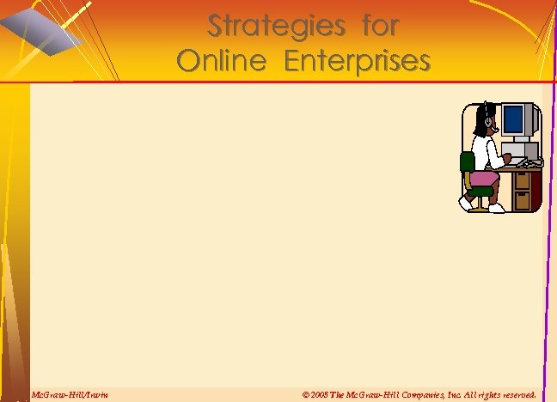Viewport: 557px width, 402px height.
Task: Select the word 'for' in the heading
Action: (x=380, y=26)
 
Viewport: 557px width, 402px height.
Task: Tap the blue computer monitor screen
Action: (x=517, y=119)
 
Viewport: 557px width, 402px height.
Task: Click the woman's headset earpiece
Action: (x=488, y=121)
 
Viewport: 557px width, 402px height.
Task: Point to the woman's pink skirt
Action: (x=484, y=178)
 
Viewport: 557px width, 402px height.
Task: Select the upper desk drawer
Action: (x=522, y=180)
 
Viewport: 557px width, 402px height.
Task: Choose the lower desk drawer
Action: (x=522, y=200)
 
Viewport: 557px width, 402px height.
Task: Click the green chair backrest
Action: (x=467, y=162)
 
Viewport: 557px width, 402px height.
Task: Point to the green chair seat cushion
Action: (x=478, y=191)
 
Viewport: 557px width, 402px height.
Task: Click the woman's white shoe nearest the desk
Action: (x=497, y=207)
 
